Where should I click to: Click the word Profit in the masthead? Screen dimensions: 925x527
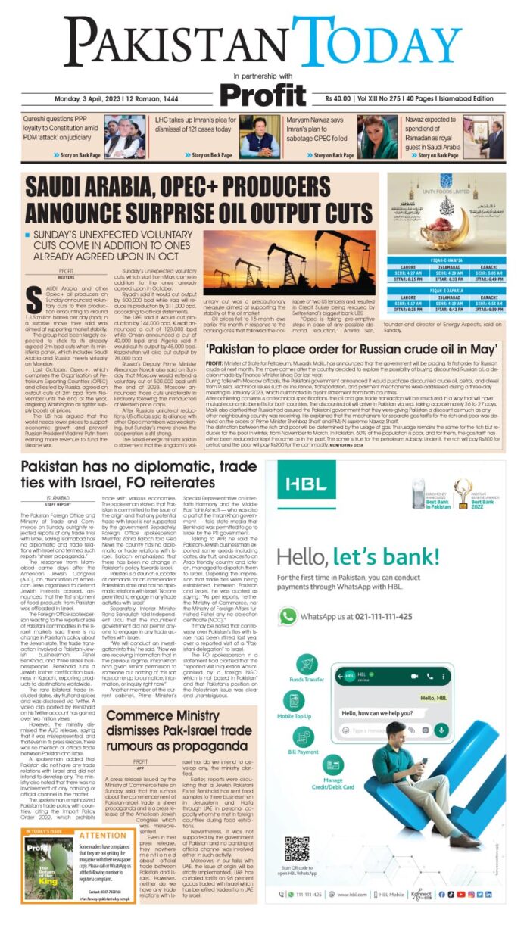(x=264, y=95)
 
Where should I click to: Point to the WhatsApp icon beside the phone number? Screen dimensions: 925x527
(x=287, y=616)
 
